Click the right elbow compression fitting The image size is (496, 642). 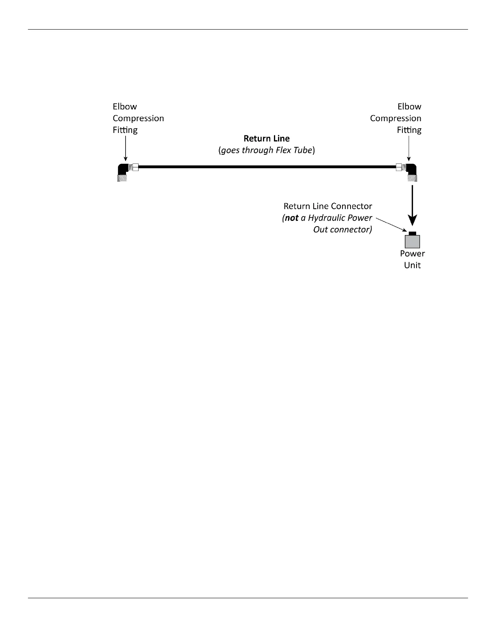[411, 172]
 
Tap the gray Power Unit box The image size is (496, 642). [412, 242]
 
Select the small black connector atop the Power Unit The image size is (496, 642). [413, 233]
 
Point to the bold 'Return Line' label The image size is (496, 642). [267, 138]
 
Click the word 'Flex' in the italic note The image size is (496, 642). [285, 150]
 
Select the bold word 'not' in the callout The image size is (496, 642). [291, 218]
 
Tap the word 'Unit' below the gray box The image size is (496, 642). [412, 265]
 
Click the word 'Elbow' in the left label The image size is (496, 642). [125, 107]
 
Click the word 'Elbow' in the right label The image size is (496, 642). [409, 107]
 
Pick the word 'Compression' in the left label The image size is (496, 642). [138, 118]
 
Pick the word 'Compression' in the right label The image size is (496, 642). [396, 118]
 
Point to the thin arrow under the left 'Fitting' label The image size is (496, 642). [126, 148]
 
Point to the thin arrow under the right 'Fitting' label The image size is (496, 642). [408, 148]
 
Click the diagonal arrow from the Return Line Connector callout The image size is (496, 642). [391, 225]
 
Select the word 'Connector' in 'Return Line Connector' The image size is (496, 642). [351, 206]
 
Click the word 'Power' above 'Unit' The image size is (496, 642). [412, 253]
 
